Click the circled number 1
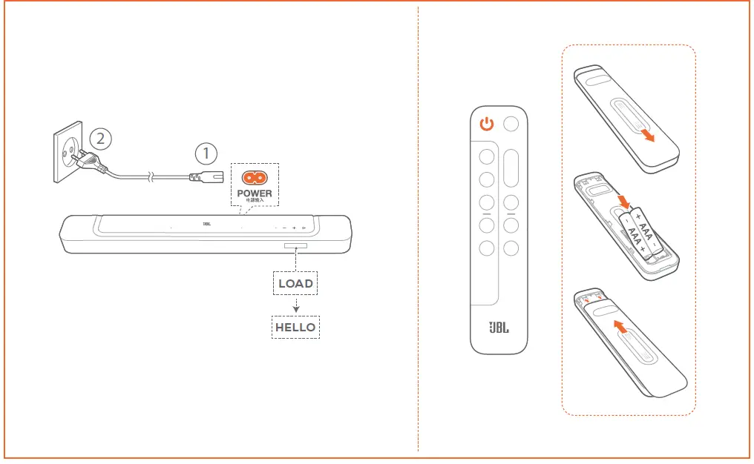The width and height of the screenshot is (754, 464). pyautogui.click(x=206, y=154)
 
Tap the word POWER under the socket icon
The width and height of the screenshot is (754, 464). pyautogui.click(x=255, y=193)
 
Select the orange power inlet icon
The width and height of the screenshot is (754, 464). pyautogui.click(x=255, y=179)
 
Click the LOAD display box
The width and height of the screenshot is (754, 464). pyautogui.click(x=295, y=283)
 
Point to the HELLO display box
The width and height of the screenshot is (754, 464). pyautogui.click(x=295, y=327)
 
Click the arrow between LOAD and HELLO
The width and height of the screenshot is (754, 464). pyautogui.click(x=295, y=305)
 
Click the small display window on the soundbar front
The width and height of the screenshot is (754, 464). pyautogui.click(x=295, y=246)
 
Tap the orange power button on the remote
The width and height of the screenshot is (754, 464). pyautogui.click(x=487, y=125)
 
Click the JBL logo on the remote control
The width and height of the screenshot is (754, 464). pyautogui.click(x=498, y=328)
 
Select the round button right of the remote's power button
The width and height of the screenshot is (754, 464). pyautogui.click(x=511, y=125)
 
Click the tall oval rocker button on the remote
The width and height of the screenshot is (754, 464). pyautogui.click(x=511, y=169)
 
